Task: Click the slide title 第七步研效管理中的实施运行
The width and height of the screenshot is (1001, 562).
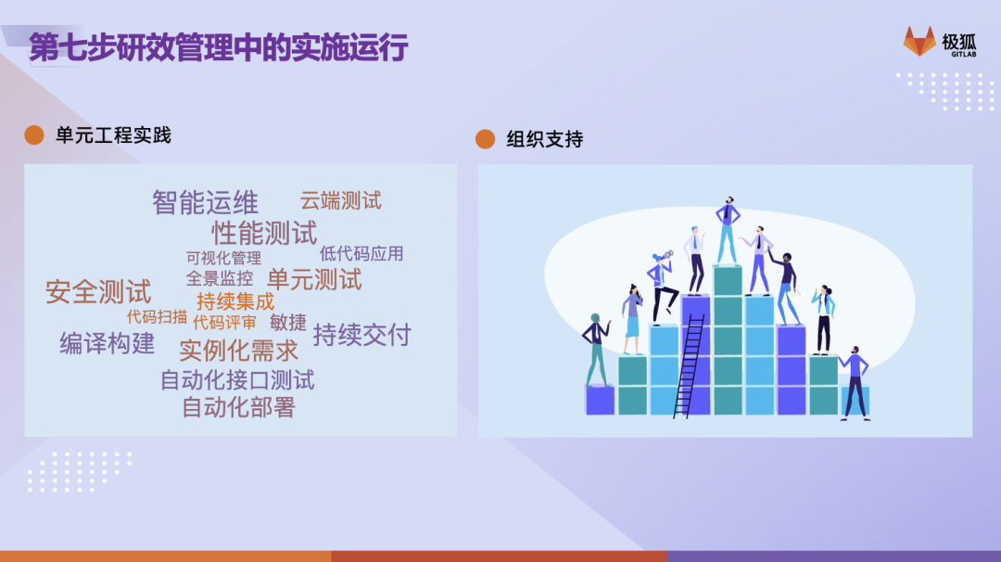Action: [x=219, y=47]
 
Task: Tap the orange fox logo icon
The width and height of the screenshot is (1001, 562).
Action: [x=919, y=42]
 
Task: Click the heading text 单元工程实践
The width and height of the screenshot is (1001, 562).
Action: [x=114, y=135]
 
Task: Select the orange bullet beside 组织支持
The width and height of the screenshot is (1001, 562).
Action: [x=485, y=138]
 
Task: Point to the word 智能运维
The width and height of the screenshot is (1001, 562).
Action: [x=205, y=202]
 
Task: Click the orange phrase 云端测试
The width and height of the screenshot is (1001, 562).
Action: [x=341, y=200]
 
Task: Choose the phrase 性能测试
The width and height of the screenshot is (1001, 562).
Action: [x=264, y=233]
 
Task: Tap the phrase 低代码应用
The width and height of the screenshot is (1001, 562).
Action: [x=361, y=253]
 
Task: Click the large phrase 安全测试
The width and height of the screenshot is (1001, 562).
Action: [x=98, y=292]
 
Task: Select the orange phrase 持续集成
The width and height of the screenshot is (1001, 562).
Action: [x=235, y=300]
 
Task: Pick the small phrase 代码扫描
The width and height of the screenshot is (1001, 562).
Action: [x=157, y=317]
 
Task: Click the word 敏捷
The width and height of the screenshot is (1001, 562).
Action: [x=288, y=323]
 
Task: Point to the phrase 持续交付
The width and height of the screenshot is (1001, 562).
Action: [x=362, y=335]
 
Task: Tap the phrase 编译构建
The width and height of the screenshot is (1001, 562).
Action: [x=108, y=343]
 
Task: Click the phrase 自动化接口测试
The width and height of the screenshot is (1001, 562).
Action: [x=237, y=380]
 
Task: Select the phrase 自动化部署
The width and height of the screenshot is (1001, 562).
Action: [x=239, y=407]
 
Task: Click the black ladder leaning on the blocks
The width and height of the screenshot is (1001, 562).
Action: [x=690, y=366]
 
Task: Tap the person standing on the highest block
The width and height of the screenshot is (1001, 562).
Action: [x=727, y=231]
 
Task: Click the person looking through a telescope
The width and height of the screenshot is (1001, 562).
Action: [x=663, y=287]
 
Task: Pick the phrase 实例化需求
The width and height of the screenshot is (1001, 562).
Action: [x=239, y=351]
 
